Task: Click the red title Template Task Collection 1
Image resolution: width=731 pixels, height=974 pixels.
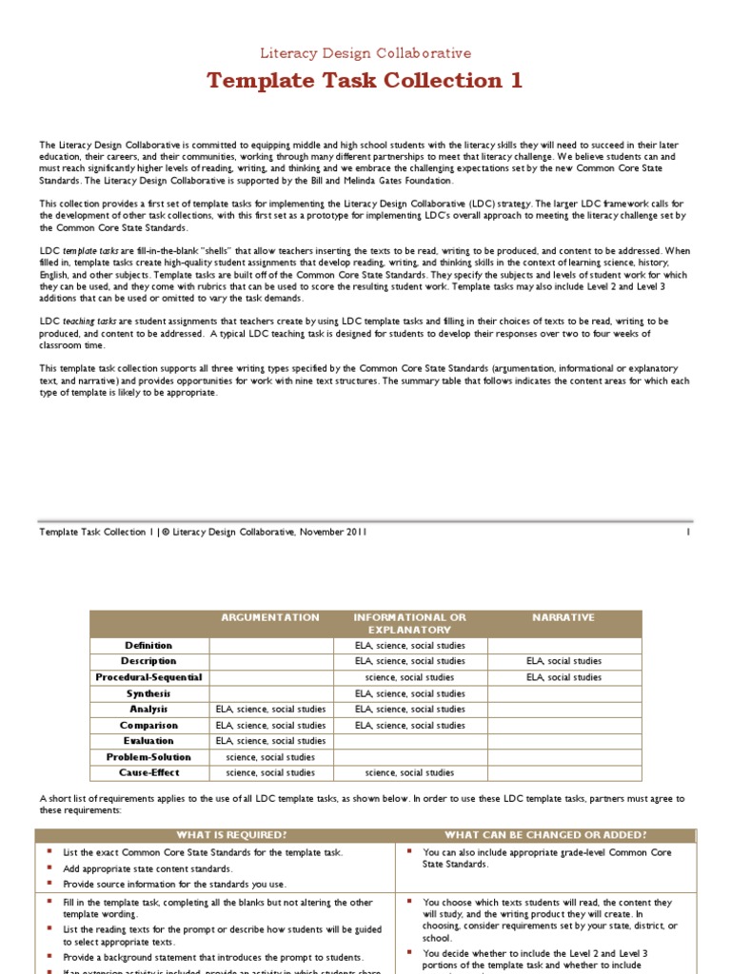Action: [x=365, y=81]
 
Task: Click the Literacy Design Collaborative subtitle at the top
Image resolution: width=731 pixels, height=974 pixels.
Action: [x=365, y=54]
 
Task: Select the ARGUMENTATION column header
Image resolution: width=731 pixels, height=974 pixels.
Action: [x=270, y=617]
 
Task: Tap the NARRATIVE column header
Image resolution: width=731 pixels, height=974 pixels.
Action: [x=564, y=617]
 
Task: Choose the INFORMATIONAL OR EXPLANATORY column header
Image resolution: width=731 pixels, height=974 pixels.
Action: [x=409, y=623]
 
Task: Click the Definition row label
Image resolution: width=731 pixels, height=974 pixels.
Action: [x=148, y=646]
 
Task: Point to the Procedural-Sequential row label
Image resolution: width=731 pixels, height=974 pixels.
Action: [x=148, y=677]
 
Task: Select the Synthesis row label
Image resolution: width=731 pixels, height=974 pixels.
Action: [x=148, y=693]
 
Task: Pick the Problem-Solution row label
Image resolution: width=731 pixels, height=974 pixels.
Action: [x=148, y=757]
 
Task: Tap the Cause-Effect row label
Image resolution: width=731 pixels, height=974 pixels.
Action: [x=148, y=773]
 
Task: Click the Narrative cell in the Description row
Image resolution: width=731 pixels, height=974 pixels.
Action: [x=564, y=661]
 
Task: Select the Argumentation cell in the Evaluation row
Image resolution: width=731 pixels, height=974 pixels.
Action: [x=270, y=741]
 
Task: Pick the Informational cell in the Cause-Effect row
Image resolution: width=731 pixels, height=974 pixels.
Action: [x=409, y=773]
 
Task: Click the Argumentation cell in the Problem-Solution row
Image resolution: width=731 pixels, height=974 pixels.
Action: [x=270, y=757]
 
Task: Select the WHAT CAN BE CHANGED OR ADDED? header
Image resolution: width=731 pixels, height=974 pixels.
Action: [x=545, y=834]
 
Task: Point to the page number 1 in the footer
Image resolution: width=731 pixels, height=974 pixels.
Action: [x=687, y=533]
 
